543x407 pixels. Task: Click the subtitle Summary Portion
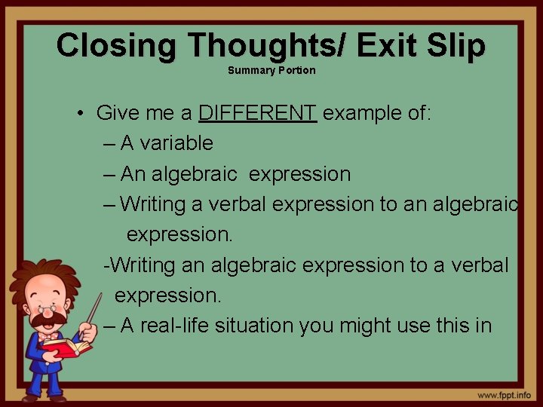271,71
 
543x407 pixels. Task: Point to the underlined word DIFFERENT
257,114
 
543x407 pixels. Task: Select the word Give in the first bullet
115,114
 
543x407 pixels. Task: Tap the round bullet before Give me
80,115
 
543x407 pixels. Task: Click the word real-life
176,326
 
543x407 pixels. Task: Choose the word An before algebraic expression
133,174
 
